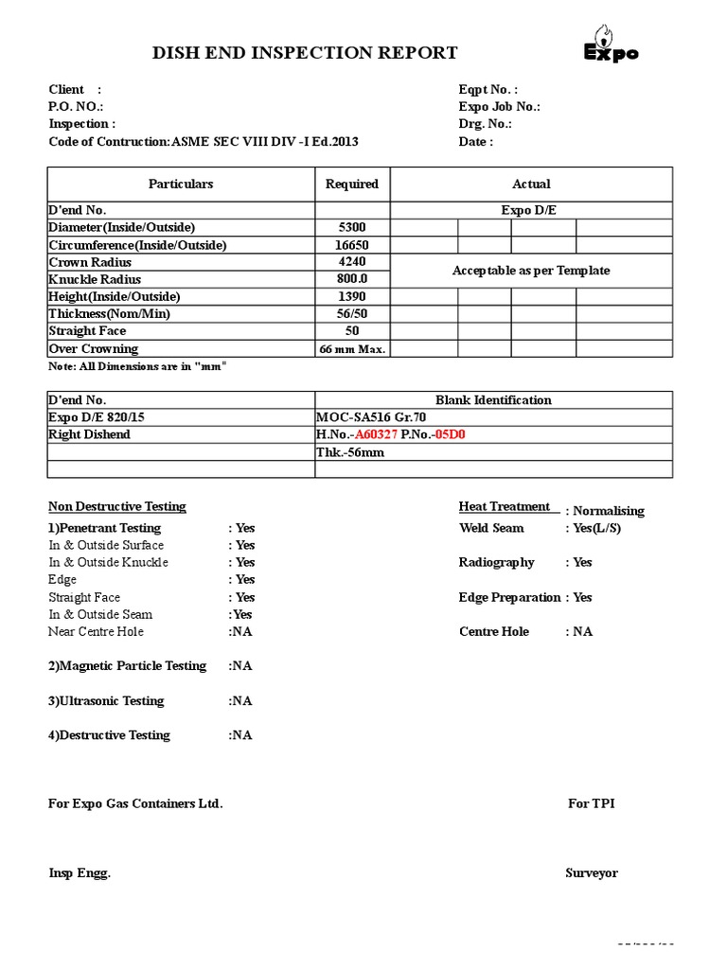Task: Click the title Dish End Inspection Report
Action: click(305, 53)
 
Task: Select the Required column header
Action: click(351, 184)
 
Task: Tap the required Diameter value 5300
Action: click(351, 227)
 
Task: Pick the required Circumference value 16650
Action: click(351, 245)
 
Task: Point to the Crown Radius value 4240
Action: click(351, 262)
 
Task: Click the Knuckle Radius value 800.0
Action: click(351, 279)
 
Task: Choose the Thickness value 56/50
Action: click(351, 313)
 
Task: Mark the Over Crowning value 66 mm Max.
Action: click(351, 348)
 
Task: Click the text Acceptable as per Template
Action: click(531, 271)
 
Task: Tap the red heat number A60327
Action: click(376, 434)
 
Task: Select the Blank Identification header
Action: click(493, 400)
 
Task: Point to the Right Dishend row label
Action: click(90, 434)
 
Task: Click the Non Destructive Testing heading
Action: click(117, 507)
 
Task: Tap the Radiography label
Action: click(496, 562)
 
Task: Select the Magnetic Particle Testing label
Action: click(127, 666)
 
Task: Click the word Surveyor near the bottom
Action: click(592, 872)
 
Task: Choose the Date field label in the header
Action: click(475, 142)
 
